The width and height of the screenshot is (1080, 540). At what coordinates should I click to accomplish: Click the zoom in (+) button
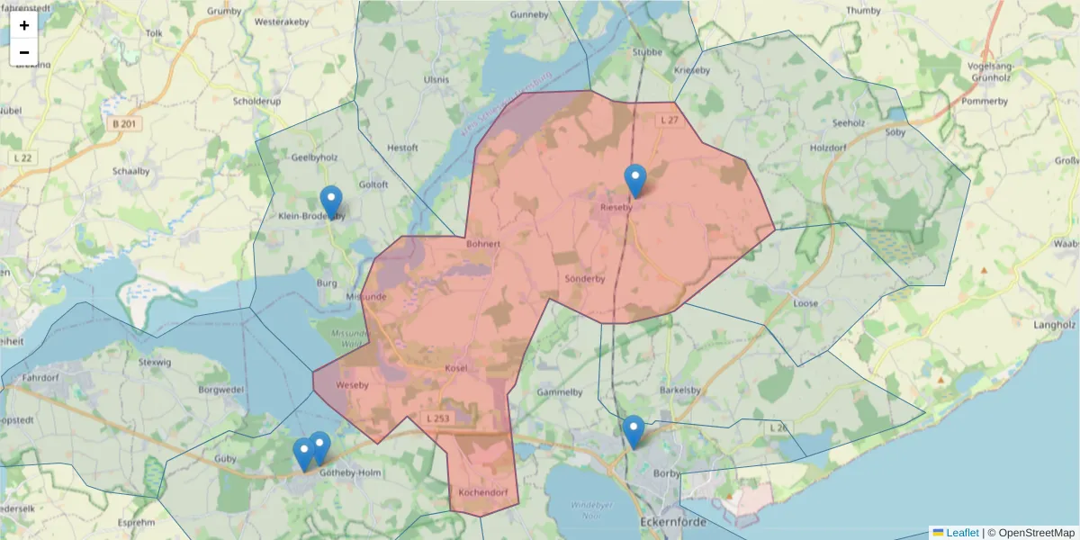[24, 25]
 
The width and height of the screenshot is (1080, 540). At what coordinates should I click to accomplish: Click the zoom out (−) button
[24, 52]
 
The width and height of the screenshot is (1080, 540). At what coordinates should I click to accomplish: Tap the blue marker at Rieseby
[635, 181]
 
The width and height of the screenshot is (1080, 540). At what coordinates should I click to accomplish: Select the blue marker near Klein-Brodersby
[331, 202]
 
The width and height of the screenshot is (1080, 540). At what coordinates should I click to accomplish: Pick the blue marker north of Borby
[634, 431]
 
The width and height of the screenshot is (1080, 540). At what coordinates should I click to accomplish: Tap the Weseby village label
[351, 385]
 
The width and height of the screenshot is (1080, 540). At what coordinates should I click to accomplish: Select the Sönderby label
[584, 279]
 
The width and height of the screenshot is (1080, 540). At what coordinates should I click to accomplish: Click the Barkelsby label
[679, 391]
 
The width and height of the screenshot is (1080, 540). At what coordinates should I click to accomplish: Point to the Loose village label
[805, 303]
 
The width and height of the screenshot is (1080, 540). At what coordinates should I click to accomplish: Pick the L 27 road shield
[669, 120]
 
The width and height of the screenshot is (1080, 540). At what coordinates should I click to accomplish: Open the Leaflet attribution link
[961, 533]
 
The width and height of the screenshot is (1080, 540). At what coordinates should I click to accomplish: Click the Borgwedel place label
[221, 391]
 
